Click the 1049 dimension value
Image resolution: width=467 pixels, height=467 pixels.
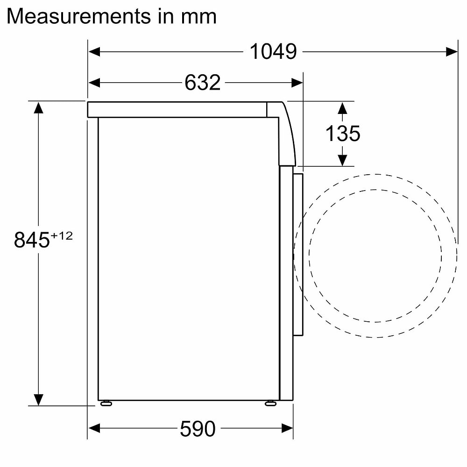(x=273, y=52)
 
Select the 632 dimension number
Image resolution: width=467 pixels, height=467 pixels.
(x=203, y=83)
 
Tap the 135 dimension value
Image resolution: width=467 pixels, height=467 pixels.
(x=343, y=133)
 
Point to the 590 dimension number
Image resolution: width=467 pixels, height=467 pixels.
(x=198, y=429)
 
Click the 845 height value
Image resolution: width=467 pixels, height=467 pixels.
(x=32, y=240)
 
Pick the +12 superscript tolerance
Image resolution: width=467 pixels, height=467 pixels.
(x=62, y=236)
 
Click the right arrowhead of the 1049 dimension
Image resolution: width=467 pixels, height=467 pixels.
(x=452, y=52)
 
